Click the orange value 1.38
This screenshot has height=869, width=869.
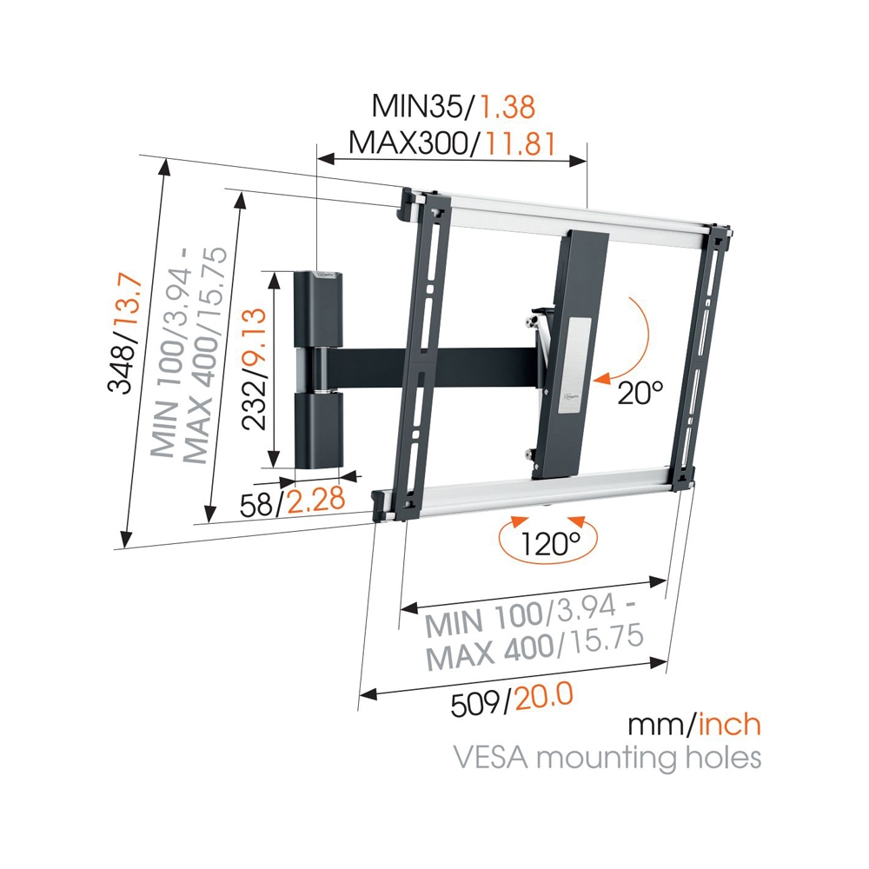coord(507,107)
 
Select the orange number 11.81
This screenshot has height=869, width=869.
coord(520,143)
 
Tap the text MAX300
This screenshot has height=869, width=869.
coord(408,143)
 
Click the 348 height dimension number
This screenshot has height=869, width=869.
coord(123,367)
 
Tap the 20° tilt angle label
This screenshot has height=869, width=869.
coord(640,393)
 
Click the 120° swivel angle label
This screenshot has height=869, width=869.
coord(549,544)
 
